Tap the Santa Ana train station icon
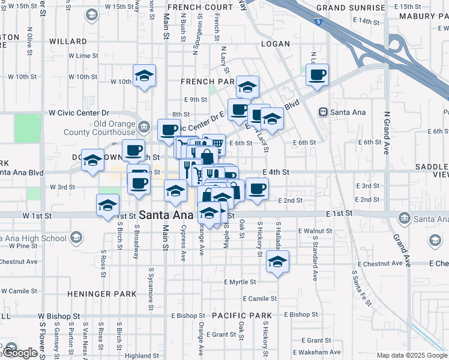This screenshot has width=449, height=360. pyautogui.click(x=323, y=112)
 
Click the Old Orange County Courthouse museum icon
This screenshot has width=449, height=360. pyautogui.click(x=143, y=127)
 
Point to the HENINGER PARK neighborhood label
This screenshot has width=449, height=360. pyautogui.click(x=94, y=294)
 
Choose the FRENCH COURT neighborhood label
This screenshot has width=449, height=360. pyautogui.click(x=200, y=7)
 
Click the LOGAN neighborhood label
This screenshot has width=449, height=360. pyautogui.click(x=276, y=44)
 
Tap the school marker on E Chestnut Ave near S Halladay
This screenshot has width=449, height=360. pyautogui.click(x=277, y=262)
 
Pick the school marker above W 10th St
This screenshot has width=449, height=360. pyautogui.click(x=143, y=77)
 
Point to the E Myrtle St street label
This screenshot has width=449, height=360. pyautogui.click(x=240, y=282)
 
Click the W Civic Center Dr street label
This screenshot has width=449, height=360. pyautogui.click(x=79, y=112)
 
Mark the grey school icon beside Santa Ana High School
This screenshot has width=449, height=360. pyautogui.click(x=76, y=238)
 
